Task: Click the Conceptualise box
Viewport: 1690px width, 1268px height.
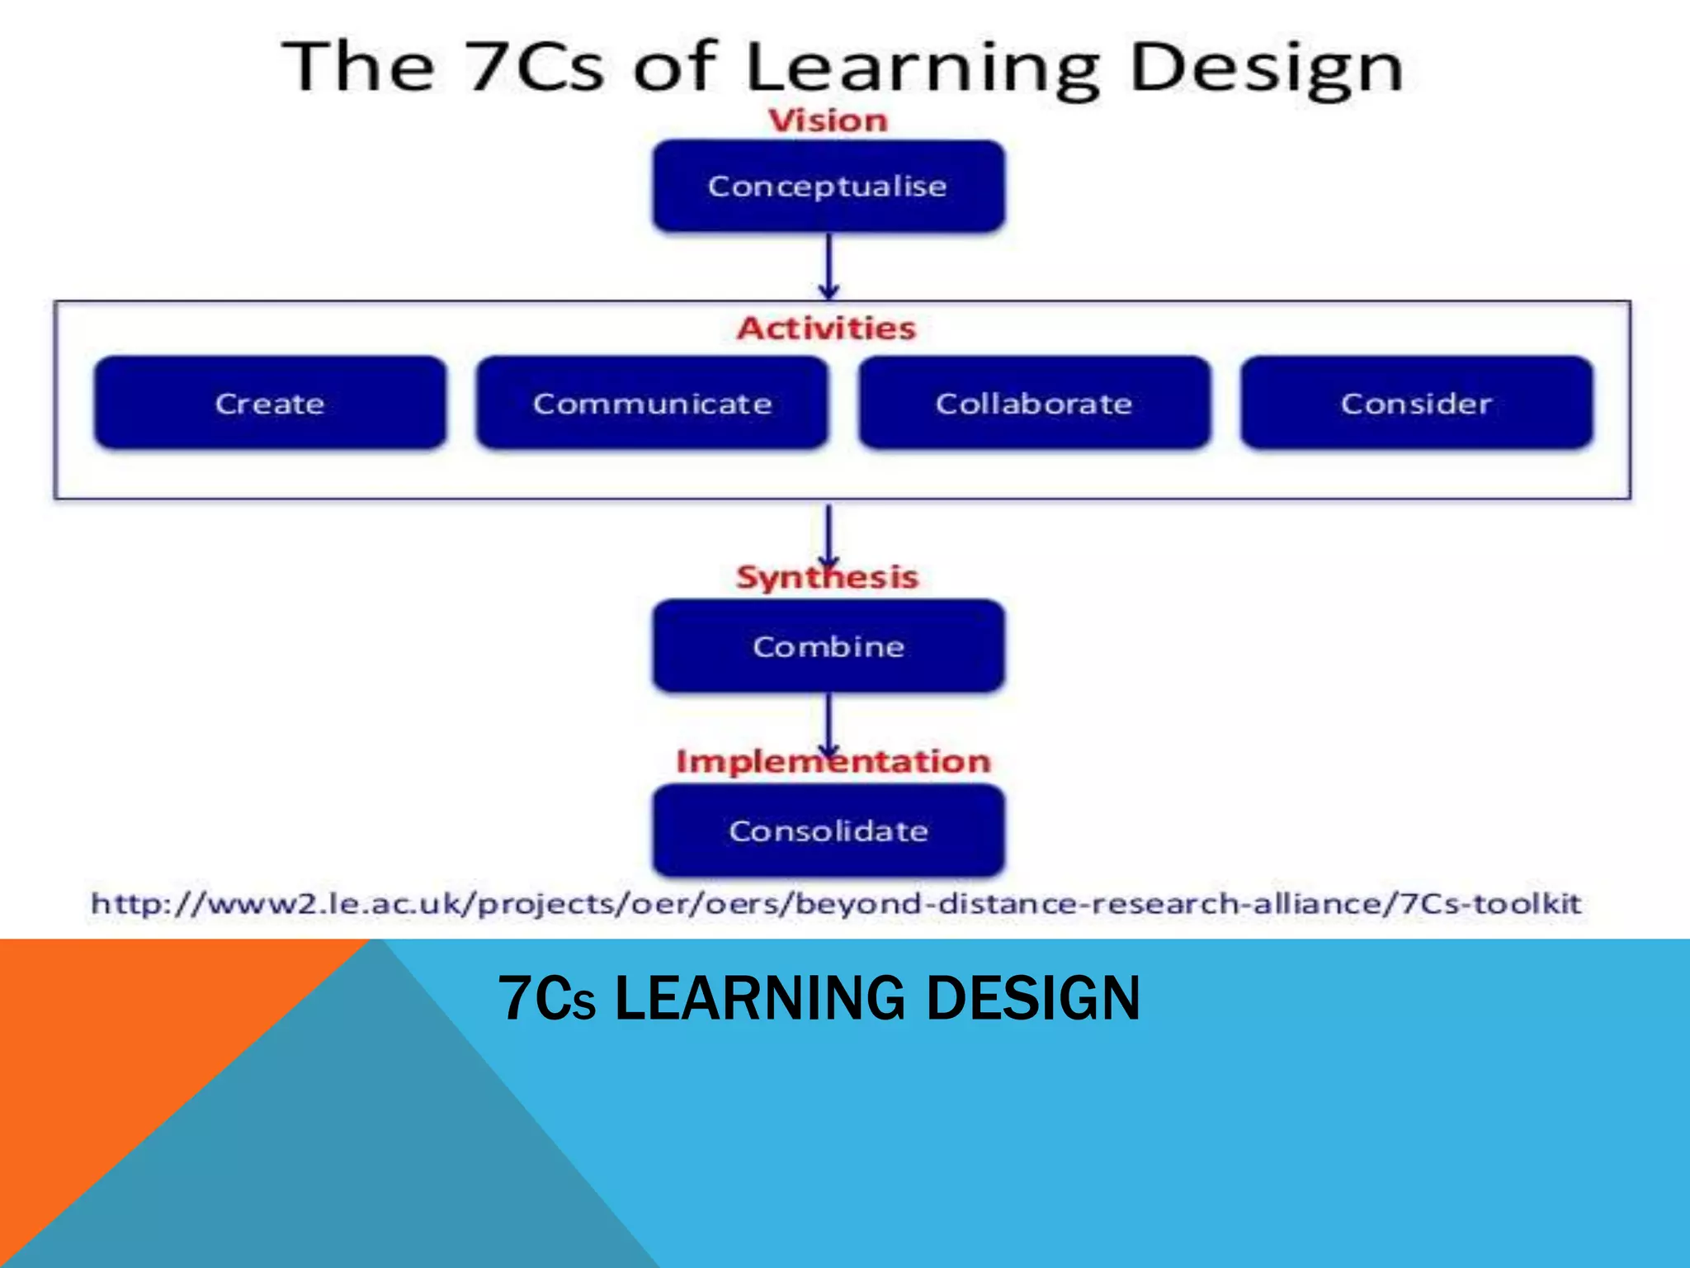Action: (828, 186)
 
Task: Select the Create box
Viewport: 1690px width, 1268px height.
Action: (270, 403)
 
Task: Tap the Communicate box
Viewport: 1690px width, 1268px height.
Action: (652, 403)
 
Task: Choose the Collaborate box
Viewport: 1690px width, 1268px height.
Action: (1034, 403)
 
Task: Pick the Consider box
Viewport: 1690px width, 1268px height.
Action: (1416, 403)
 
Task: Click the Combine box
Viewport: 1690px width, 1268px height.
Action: (828, 646)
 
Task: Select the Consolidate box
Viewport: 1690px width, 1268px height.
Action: (828, 830)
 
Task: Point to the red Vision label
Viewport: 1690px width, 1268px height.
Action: (828, 121)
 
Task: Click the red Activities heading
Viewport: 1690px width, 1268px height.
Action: (827, 328)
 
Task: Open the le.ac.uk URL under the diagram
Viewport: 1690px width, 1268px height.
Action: (836, 902)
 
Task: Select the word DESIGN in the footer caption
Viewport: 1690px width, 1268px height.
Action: (1033, 998)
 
